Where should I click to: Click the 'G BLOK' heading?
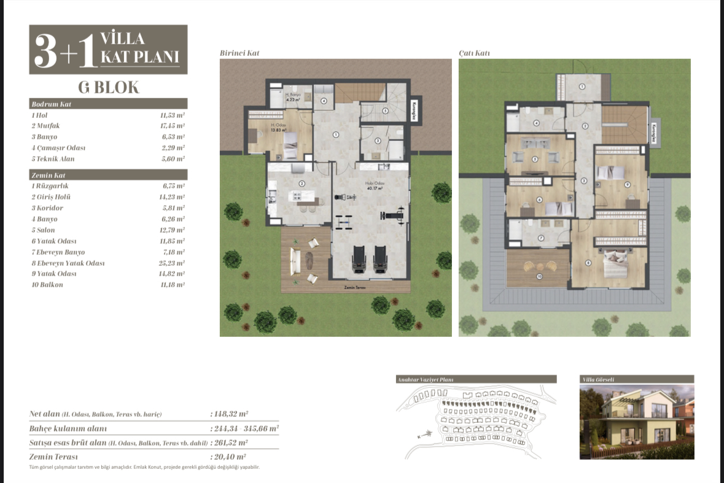tap(108, 87)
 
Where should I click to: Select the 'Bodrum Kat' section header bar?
tap(108, 104)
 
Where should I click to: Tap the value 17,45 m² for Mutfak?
tap(173, 126)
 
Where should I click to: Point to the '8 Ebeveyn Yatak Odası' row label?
tap(68, 263)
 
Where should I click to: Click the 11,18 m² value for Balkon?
tap(173, 285)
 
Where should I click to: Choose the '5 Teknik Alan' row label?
tap(53, 159)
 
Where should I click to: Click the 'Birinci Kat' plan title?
tap(239, 53)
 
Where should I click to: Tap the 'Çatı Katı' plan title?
tap(474, 53)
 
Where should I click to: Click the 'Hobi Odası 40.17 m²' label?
tap(375, 185)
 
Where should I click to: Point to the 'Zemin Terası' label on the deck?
tap(357, 287)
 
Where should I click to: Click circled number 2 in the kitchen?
tap(302, 183)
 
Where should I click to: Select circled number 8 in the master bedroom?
tap(588, 263)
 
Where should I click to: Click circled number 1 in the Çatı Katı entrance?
tap(582, 87)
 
